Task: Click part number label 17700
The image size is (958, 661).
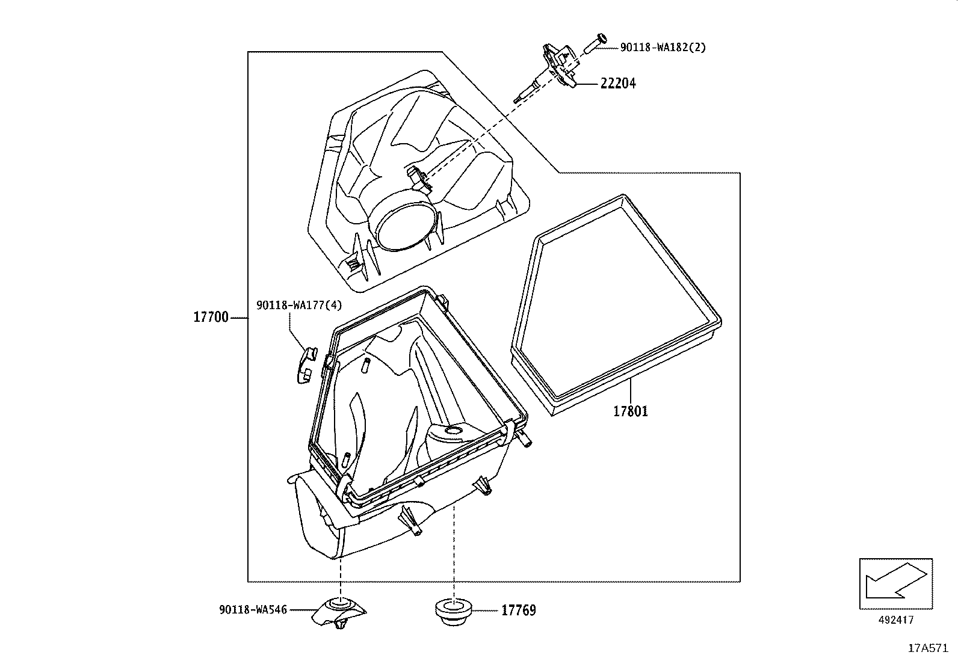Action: pos(211,317)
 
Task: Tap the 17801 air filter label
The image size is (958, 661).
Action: pos(630,411)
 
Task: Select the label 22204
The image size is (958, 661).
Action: pos(617,84)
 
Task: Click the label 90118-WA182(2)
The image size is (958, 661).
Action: pos(663,47)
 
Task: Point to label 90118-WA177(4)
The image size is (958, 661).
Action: pos(298,305)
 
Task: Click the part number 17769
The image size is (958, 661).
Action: pos(518,610)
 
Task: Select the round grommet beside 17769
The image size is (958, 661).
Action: pos(453,609)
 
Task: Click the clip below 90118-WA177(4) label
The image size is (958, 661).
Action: pos(307,364)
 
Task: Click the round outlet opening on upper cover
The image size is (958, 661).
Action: pos(404,227)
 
